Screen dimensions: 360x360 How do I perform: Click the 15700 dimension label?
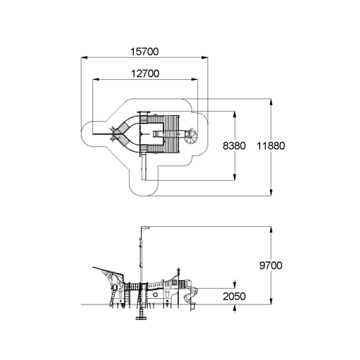click(145, 52)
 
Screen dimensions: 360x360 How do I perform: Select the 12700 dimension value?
click(145, 73)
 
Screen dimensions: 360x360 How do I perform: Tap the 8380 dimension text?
click(234, 145)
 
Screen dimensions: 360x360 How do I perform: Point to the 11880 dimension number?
click(271, 145)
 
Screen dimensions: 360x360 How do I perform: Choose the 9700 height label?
click(271, 266)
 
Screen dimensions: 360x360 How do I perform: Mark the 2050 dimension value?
click(234, 297)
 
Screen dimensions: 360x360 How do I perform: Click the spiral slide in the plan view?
click(192, 136)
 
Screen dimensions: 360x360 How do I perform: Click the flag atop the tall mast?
click(145, 228)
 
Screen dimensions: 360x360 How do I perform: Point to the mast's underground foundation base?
click(141, 318)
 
